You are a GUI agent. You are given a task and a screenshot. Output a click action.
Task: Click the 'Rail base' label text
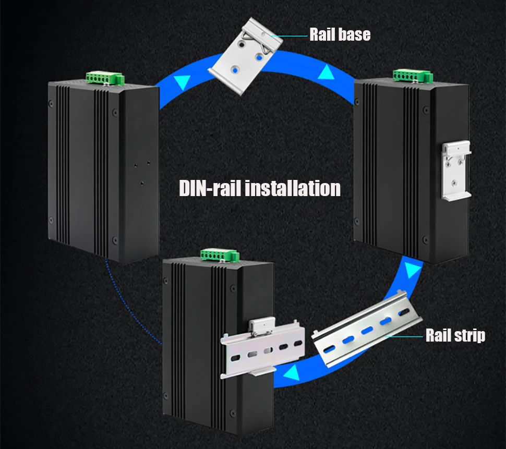[x=340, y=34]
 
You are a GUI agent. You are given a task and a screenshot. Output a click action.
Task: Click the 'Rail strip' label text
[x=455, y=335]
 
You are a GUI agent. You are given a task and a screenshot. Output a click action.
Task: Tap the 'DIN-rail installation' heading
[x=260, y=188]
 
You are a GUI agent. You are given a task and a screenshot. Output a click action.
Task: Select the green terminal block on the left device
[x=104, y=78]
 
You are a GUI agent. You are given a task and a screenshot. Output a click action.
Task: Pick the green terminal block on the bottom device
[x=220, y=256]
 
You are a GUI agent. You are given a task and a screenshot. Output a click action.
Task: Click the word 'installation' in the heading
[x=292, y=188]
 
